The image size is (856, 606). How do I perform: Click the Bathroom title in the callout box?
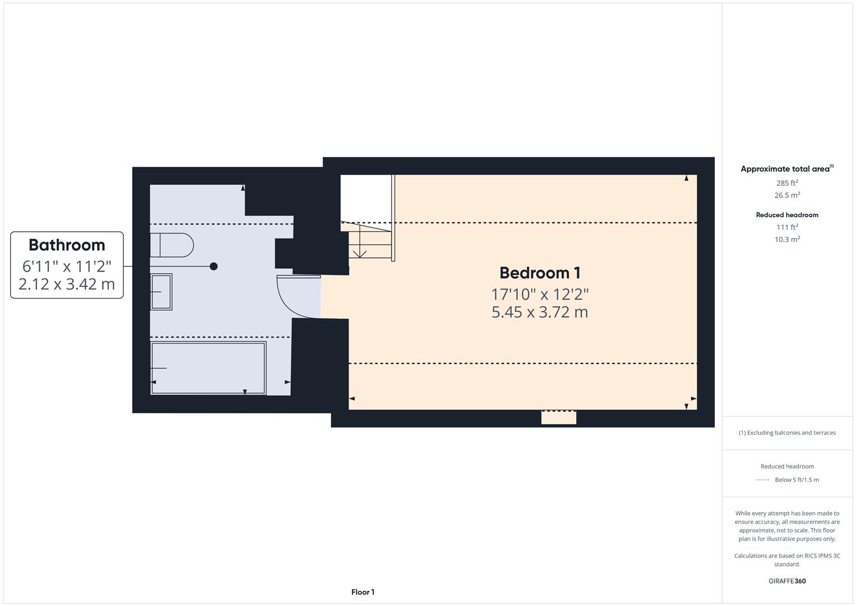click(x=67, y=245)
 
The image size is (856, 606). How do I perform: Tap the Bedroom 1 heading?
click(x=540, y=273)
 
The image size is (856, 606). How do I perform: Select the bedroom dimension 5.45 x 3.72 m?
click(x=540, y=312)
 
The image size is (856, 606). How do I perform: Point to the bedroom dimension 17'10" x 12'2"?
click(x=540, y=294)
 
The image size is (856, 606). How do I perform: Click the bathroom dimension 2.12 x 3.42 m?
click(x=67, y=284)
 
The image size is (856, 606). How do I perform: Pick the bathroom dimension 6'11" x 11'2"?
click(x=67, y=266)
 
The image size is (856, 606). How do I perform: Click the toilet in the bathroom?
click(x=171, y=245)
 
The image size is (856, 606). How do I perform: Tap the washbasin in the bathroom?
click(x=161, y=292)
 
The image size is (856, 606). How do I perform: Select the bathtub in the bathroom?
click(x=208, y=368)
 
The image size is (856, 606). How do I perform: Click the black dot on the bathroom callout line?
click(x=214, y=267)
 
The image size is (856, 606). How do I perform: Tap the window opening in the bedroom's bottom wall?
click(x=558, y=417)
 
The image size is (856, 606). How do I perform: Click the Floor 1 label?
click(x=363, y=592)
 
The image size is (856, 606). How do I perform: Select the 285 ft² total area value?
click(x=787, y=183)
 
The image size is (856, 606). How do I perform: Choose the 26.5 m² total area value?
click(x=787, y=195)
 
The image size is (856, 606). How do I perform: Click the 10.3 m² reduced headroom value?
click(x=787, y=239)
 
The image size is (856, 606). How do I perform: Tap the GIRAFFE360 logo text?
click(x=787, y=581)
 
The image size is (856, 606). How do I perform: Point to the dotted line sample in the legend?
click(x=763, y=480)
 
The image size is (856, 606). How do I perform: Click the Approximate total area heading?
click(x=786, y=169)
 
